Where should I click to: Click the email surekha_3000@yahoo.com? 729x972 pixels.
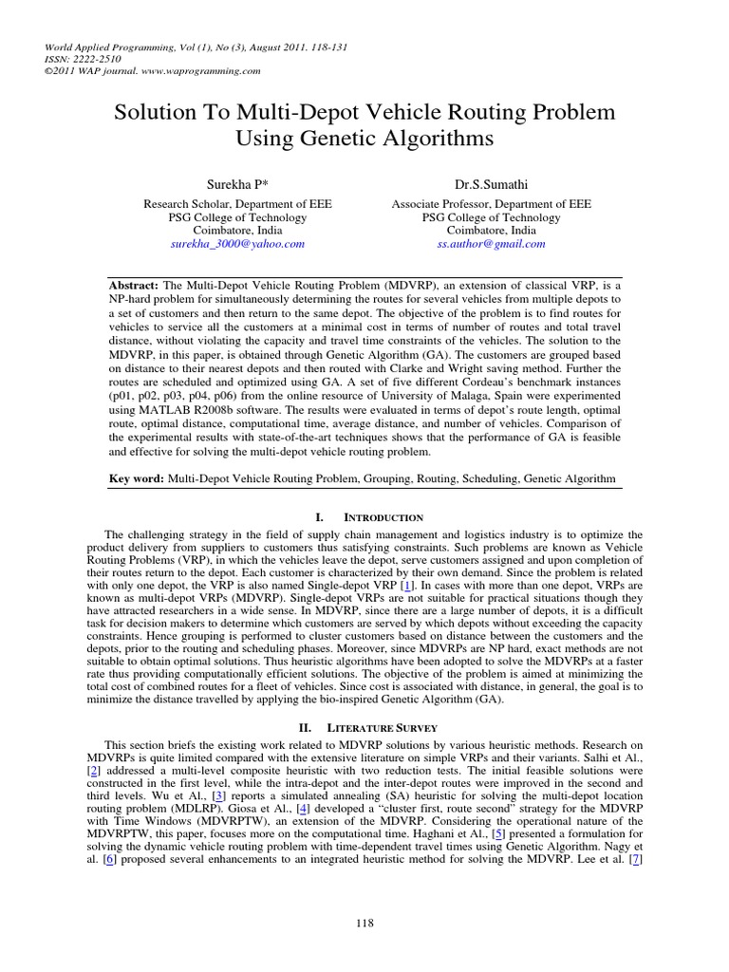click(x=237, y=244)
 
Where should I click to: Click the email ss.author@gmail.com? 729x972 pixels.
click(x=491, y=244)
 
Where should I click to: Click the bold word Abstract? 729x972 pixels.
click(x=135, y=286)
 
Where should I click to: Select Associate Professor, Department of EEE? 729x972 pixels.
click(x=491, y=203)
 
